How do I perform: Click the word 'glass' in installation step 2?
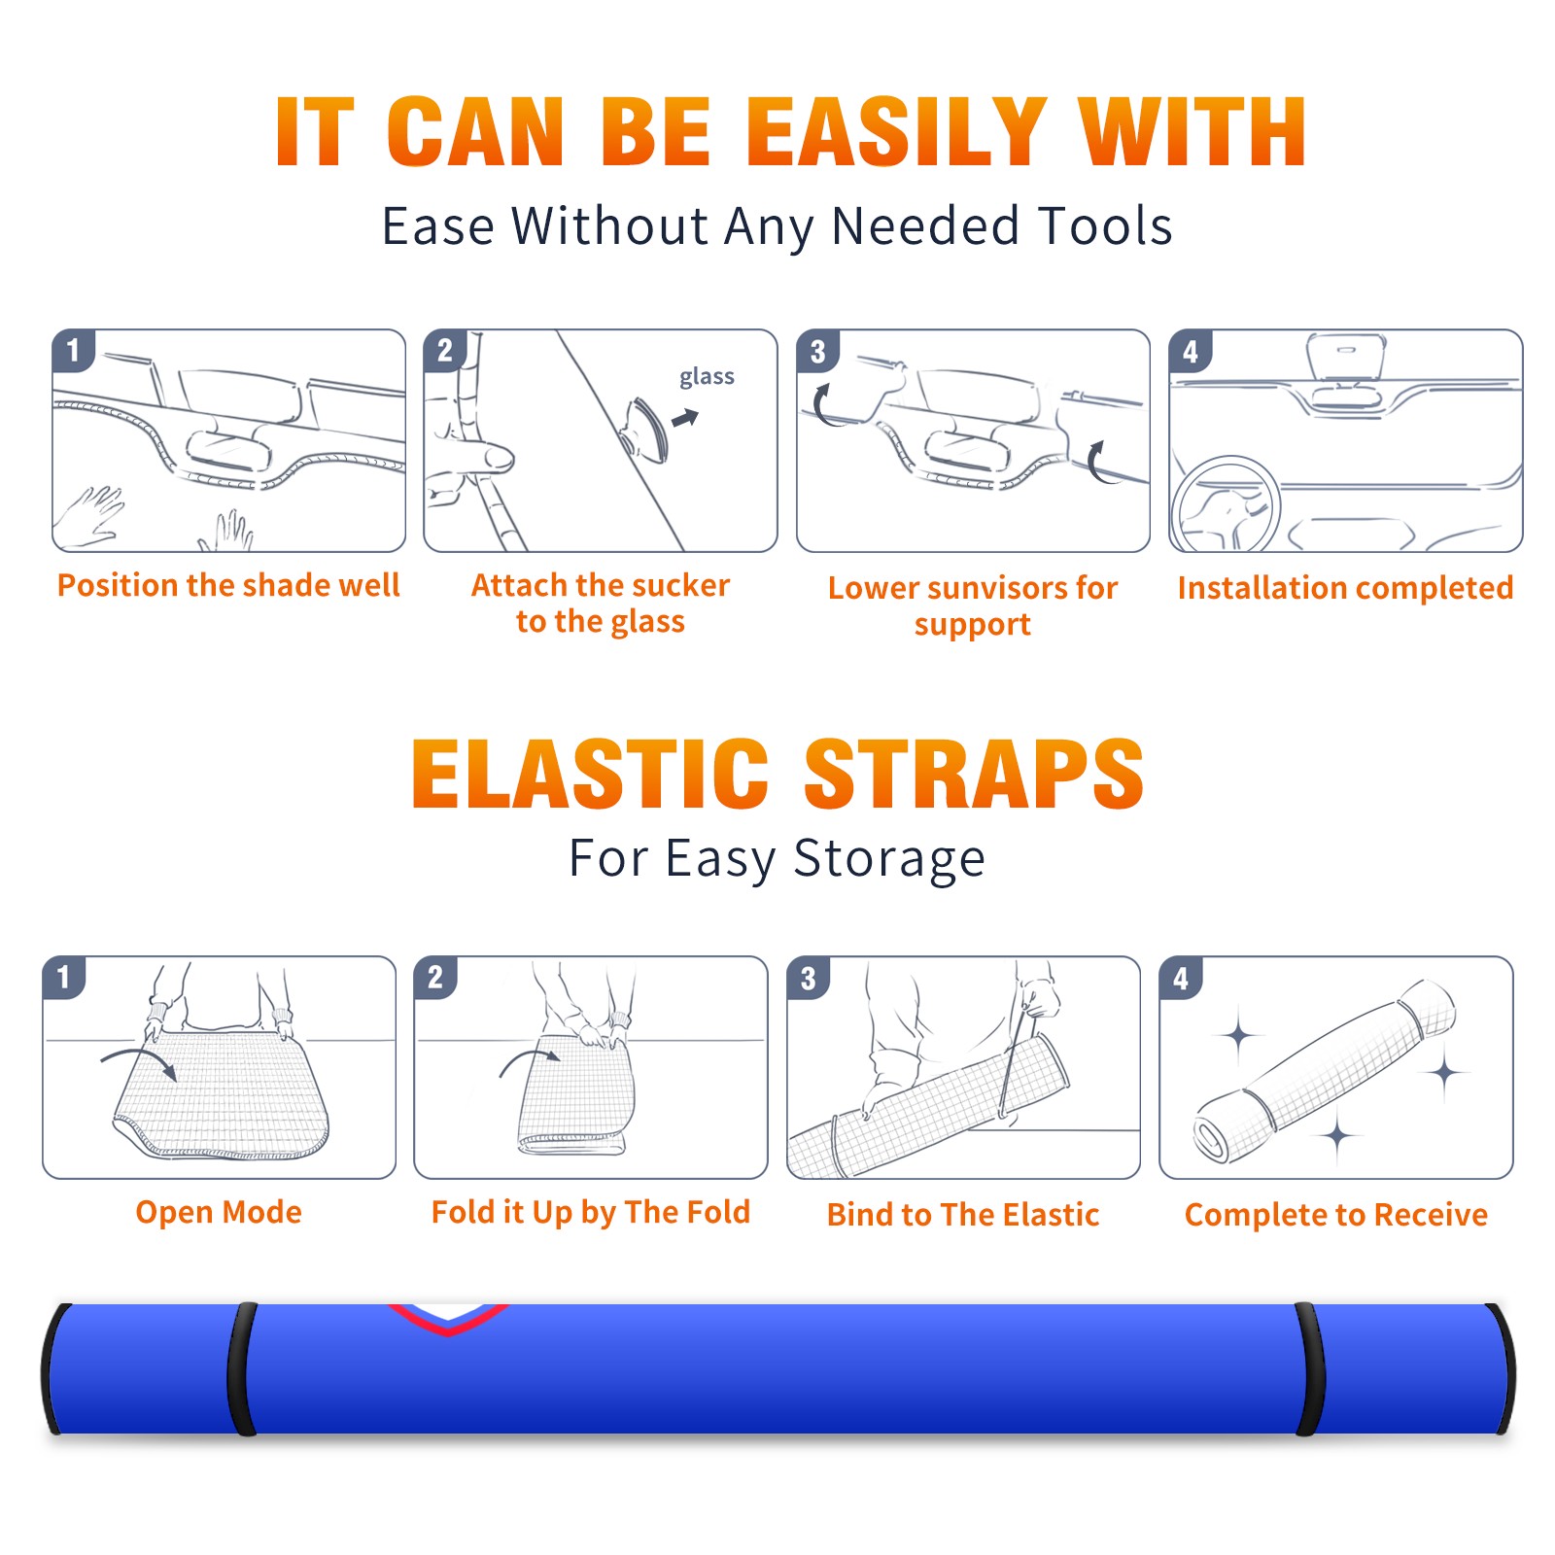pyautogui.click(x=707, y=377)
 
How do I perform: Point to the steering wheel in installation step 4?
pyautogui.click(x=1226, y=504)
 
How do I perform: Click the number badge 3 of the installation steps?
pyautogui.click(x=817, y=352)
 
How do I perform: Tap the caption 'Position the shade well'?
pyautogui.click(x=228, y=585)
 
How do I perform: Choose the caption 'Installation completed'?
pyautogui.click(x=1345, y=588)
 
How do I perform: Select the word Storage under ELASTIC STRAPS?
pyautogui.click(x=889, y=859)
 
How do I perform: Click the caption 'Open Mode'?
pyautogui.click(x=219, y=1212)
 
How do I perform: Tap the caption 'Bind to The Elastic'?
pyautogui.click(x=963, y=1215)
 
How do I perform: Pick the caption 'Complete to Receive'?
pyautogui.click(x=1336, y=1215)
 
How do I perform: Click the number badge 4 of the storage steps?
pyautogui.click(x=1181, y=978)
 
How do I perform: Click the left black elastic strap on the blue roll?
pyautogui.click(x=242, y=1369)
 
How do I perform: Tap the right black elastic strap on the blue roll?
pyautogui.click(x=1310, y=1369)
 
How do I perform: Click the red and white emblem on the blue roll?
pyautogui.click(x=448, y=1318)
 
